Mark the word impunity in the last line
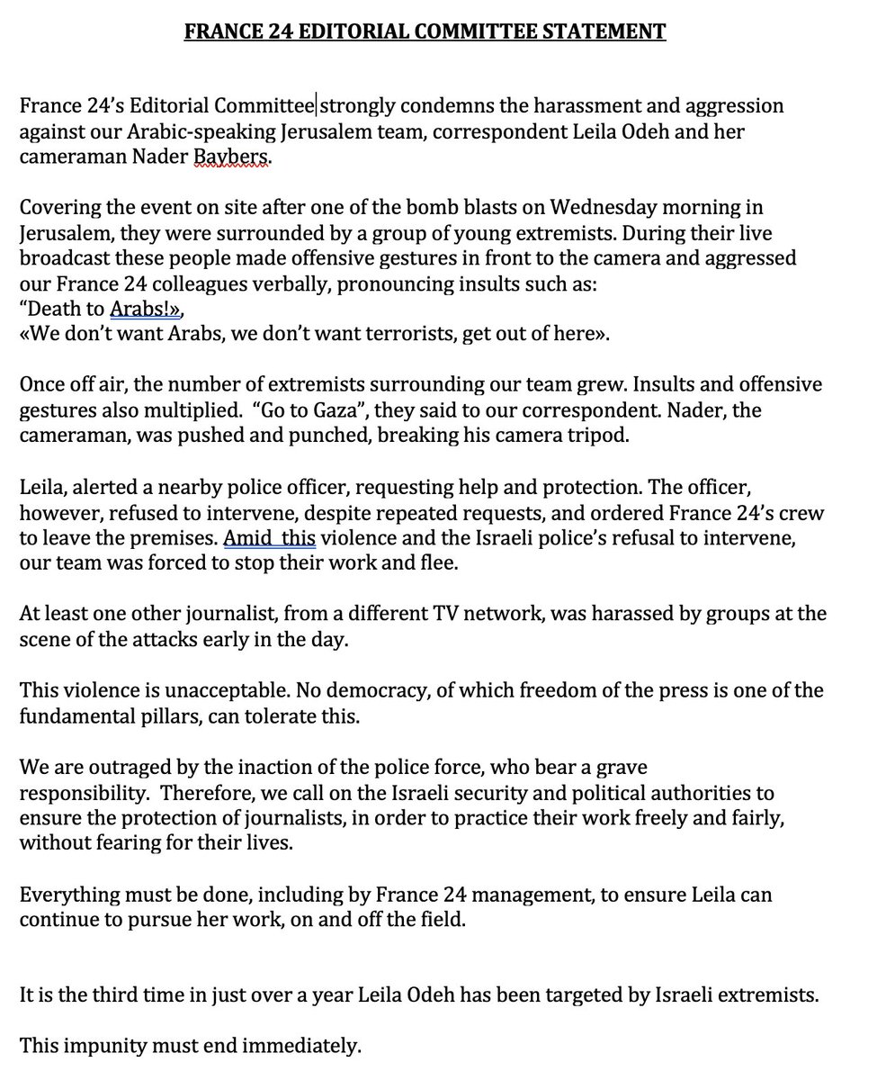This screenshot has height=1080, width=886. click(x=96, y=1047)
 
